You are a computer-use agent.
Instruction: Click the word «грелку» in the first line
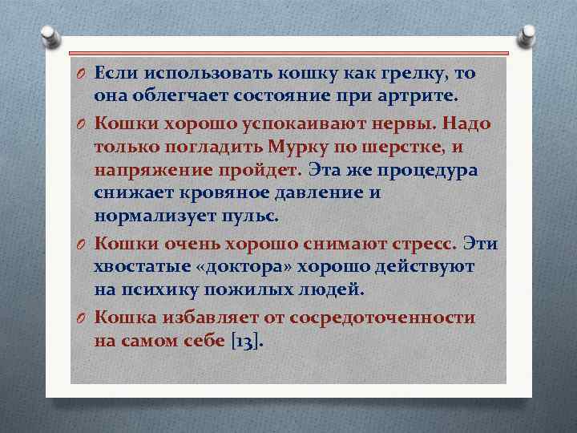pos(414,74)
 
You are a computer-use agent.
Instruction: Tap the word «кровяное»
pos(212,192)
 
